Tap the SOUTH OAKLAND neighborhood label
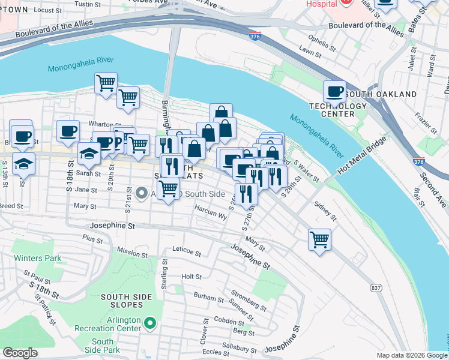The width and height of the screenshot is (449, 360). point(381,94)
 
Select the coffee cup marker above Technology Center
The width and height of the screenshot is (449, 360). point(334,92)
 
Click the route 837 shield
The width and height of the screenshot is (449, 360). point(376,288)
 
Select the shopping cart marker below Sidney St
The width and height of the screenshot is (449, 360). point(319,239)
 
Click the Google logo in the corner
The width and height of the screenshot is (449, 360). point(19,353)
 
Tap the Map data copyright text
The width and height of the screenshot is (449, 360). point(411,355)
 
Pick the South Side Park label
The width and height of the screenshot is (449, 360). point(102,346)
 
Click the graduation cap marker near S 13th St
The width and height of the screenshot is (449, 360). point(24,163)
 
